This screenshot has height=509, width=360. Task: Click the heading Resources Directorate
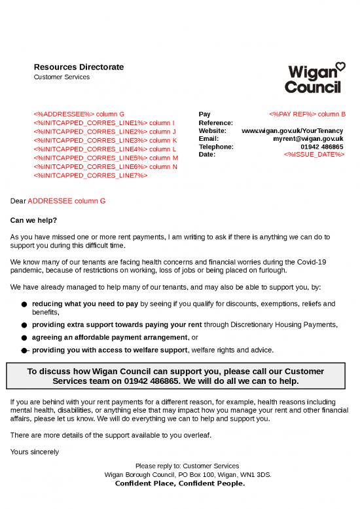coord(79,67)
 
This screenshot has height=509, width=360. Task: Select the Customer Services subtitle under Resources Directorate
coord(62,77)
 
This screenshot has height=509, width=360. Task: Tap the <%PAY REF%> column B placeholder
coord(307,115)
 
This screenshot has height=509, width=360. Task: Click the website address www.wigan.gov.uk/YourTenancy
coord(292,131)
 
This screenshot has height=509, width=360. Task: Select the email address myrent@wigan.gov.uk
coord(308,139)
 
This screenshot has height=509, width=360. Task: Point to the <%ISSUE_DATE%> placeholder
coord(314,155)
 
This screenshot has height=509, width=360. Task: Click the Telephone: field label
coord(215,147)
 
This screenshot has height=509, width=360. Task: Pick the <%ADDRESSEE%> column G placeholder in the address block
coord(79,115)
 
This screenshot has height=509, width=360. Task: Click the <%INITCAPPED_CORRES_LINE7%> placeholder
coord(90,176)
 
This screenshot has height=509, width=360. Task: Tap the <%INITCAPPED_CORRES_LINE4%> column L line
coord(105,149)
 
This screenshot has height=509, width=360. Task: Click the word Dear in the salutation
coord(18,200)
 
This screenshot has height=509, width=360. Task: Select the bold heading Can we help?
coord(34,220)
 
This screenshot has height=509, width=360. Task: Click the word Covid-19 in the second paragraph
coord(312,262)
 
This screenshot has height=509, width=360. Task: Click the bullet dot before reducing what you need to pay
coord(24,305)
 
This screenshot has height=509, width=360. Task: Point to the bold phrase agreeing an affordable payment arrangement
coord(109,337)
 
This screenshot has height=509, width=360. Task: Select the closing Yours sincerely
coord(35,451)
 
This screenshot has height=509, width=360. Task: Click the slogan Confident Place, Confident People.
coord(179,483)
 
